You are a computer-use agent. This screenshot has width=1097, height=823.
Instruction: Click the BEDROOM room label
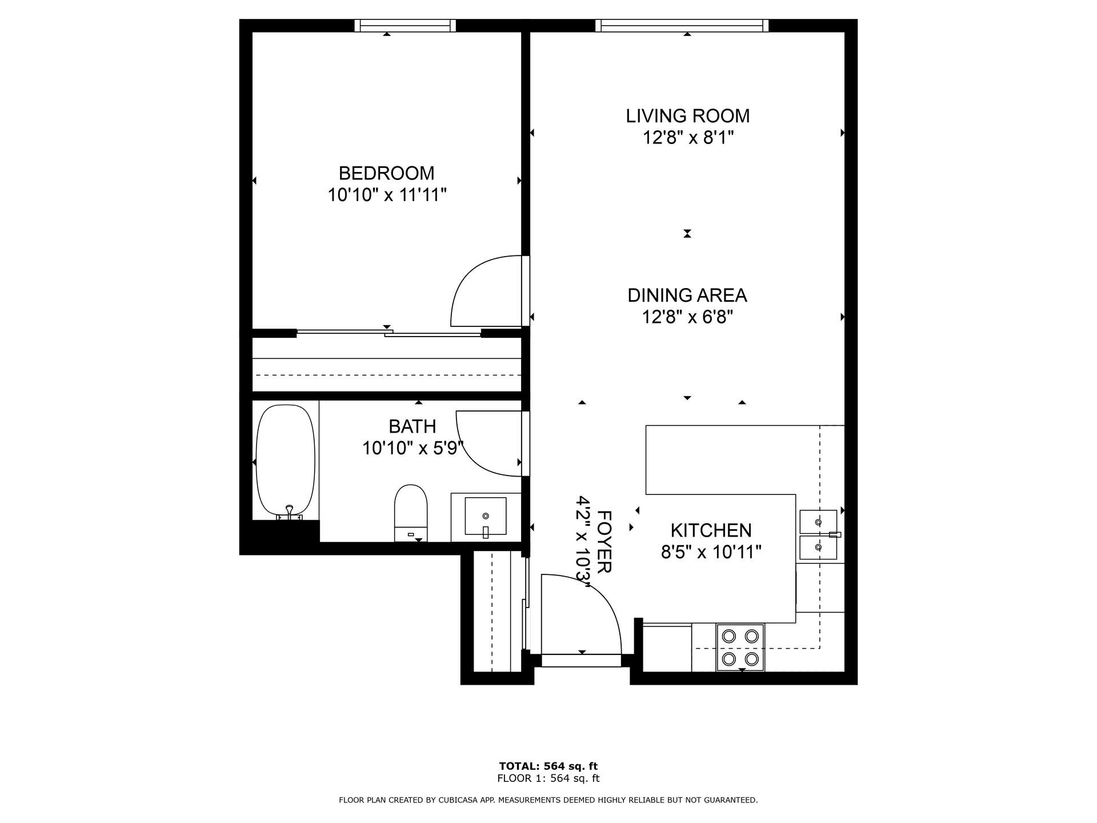tap(386, 173)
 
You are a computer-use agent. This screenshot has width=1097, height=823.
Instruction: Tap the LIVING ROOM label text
tap(687, 115)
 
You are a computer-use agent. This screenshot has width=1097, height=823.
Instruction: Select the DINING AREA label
tap(687, 295)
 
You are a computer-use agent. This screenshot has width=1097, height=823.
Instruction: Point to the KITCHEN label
tap(711, 530)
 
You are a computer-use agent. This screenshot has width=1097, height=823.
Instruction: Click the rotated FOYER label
tap(604, 541)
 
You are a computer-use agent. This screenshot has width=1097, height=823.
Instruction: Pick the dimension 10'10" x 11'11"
tap(386, 195)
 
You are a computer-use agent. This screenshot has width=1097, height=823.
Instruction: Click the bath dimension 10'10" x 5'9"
tap(413, 448)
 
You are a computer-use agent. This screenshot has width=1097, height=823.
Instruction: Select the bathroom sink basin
tap(486, 516)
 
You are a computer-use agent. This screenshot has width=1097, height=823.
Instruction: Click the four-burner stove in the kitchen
tap(740, 648)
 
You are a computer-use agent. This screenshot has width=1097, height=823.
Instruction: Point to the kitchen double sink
tap(818, 535)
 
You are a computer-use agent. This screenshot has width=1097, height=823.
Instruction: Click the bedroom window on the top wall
tap(405, 25)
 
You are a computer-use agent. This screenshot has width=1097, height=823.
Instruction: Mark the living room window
tap(682, 25)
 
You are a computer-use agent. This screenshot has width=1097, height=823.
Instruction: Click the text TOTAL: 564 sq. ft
tap(548, 766)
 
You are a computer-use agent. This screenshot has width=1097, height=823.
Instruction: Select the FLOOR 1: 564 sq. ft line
tap(548, 778)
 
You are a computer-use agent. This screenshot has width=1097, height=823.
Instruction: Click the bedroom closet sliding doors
tap(389, 333)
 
